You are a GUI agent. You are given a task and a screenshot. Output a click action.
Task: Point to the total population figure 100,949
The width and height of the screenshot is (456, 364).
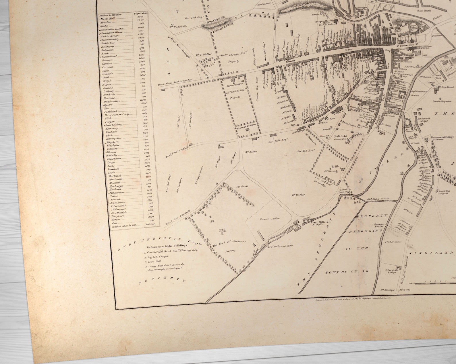(x=150, y=224)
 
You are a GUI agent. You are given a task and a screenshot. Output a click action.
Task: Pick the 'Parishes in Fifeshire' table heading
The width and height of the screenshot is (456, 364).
(x=111, y=14)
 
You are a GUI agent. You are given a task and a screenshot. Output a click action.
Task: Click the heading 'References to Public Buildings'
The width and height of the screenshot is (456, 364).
(x=167, y=246)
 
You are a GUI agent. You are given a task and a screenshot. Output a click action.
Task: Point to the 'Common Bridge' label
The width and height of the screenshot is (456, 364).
(x=379, y=226)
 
